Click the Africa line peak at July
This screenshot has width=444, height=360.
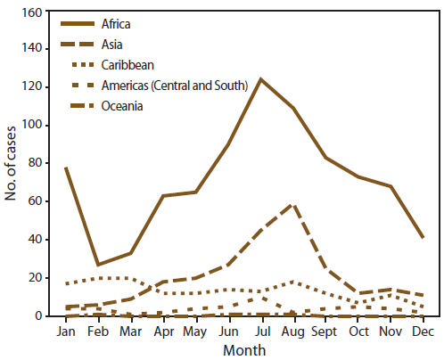261,79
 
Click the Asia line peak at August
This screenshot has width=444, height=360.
293,205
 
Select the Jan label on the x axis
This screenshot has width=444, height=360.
65,331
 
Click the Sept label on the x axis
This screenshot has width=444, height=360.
326,331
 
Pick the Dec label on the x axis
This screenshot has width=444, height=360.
422,331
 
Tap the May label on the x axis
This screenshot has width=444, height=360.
195,331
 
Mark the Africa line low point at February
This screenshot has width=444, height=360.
97,265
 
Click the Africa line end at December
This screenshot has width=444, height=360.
422,237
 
